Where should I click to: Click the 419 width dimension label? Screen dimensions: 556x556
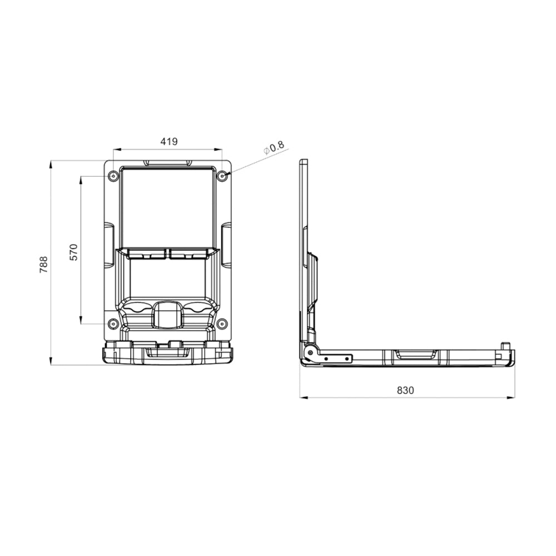[x=169, y=141]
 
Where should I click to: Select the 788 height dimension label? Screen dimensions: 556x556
[x=43, y=264]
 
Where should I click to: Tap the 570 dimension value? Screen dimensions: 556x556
[x=73, y=252]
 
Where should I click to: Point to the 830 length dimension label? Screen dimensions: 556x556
[x=405, y=390]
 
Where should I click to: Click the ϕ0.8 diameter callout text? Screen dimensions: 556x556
[x=274, y=148]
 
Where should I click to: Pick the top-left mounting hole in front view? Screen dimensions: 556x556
[x=113, y=176]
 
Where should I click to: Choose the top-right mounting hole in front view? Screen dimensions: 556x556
[x=222, y=176]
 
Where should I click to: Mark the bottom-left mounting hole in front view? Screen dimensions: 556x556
[x=113, y=324]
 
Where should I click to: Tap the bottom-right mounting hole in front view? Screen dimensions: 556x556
[x=222, y=324]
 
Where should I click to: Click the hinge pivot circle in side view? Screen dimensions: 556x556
[x=310, y=353]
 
